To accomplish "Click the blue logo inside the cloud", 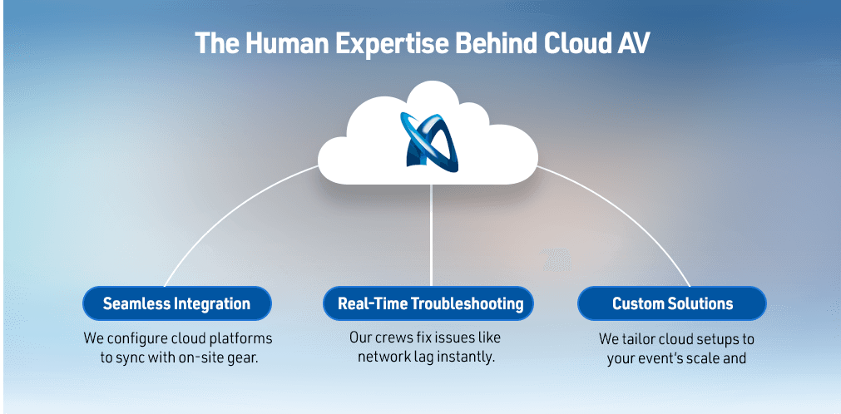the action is click(429, 142).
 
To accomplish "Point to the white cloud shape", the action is click(428, 137).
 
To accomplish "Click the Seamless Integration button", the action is click(177, 303).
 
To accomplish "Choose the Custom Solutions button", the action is click(672, 303).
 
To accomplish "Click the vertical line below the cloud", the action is click(431, 235).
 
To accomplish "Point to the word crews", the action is click(398, 338).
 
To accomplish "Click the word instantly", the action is click(467, 357).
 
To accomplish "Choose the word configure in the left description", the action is click(134, 339).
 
